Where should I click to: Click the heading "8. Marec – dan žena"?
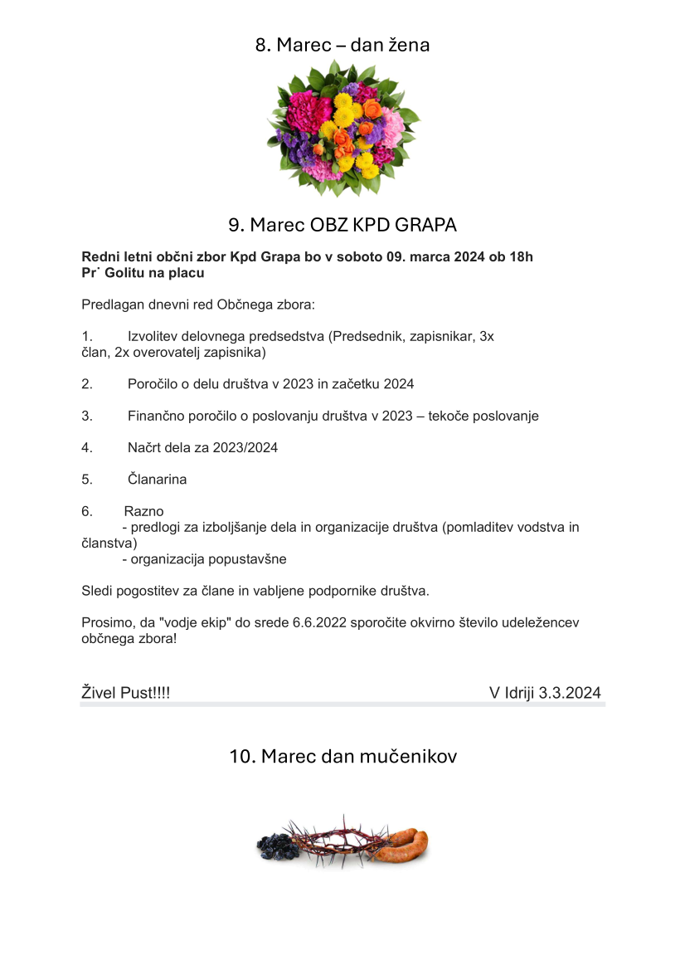click(x=342, y=45)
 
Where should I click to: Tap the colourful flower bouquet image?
click(x=343, y=127)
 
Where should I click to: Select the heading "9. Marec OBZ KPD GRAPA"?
click(x=342, y=225)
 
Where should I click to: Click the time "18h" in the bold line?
click(x=523, y=257)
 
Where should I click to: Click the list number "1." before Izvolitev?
click(x=87, y=337)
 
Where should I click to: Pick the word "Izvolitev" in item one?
click(x=153, y=337)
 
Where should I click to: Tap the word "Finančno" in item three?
click(x=155, y=417)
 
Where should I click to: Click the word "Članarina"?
click(x=158, y=480)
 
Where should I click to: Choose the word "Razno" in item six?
click(x=143, y=511)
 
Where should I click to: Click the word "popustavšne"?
click(x=248, y=559)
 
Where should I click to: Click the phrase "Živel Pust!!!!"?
click(x=125, y=693)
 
